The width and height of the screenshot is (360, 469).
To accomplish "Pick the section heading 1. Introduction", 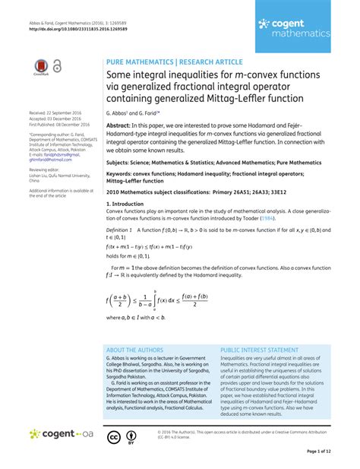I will pyautogui.click(x=128, y=204).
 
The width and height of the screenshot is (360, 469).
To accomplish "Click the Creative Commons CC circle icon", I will pyautogui.click(x=114, y=437).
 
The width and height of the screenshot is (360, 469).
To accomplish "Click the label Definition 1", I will pyautogui.click(x=119, y=229).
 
